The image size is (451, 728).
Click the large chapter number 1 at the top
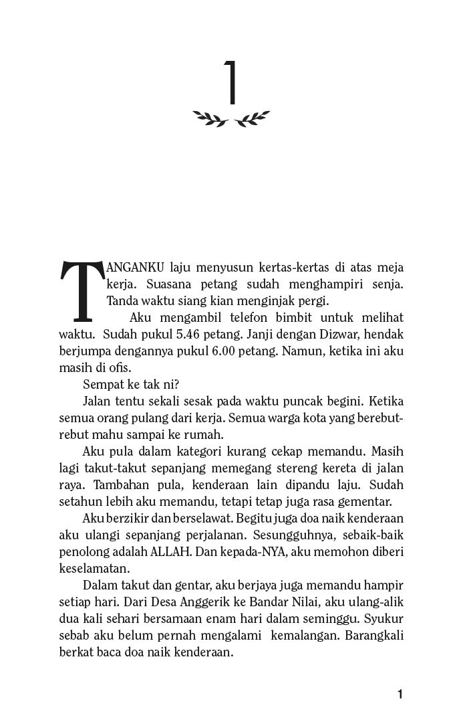[x=231, y=83]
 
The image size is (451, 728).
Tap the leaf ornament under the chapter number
[x=231, y=118]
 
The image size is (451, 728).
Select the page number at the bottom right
[x=400, y=694]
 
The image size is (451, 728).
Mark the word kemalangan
[x=305, y=635]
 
